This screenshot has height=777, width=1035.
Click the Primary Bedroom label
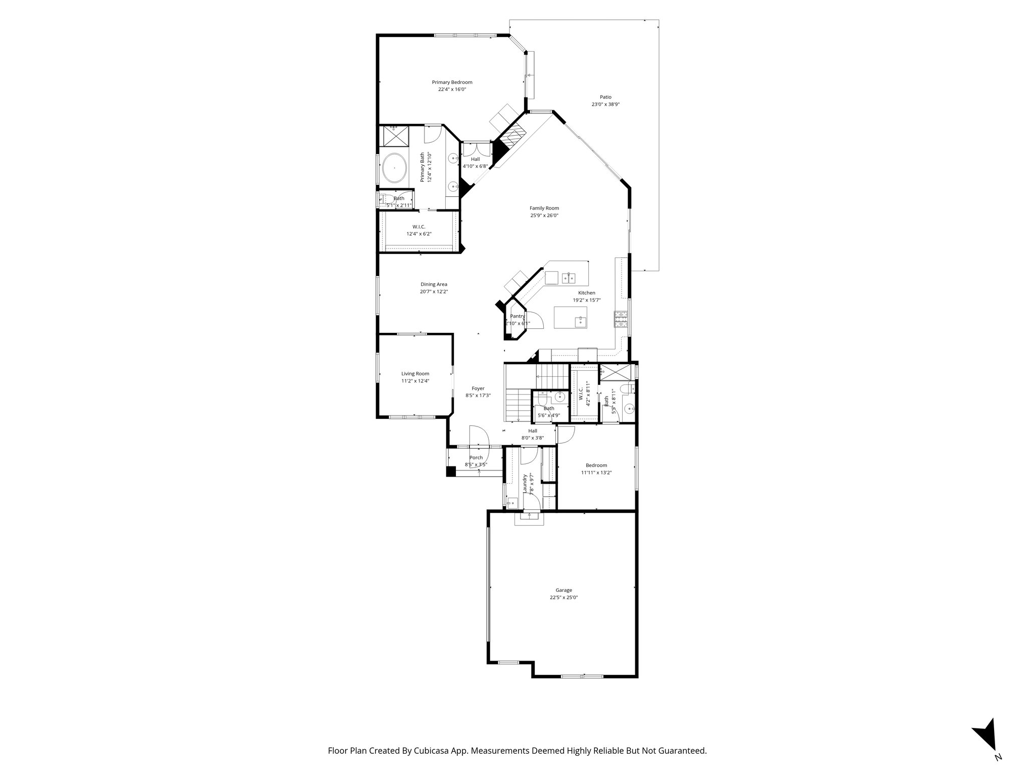click(452, 82)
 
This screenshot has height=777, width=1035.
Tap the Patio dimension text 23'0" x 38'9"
click(605, 105)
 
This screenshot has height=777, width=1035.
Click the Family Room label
click(544, 208)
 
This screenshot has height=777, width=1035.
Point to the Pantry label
click(517, 316)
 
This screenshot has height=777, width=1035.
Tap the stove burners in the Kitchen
click(621, 318)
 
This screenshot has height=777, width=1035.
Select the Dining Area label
click(434, 284)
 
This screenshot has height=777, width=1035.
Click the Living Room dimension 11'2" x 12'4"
click(415, 381)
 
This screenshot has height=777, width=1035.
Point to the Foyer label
click(478, 388)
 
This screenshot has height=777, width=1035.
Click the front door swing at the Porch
click(478, 436)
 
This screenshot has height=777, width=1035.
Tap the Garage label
click(563, 590)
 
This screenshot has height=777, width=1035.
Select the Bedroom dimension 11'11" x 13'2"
click(596, 472)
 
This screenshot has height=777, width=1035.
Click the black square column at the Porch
click(451, 471)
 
